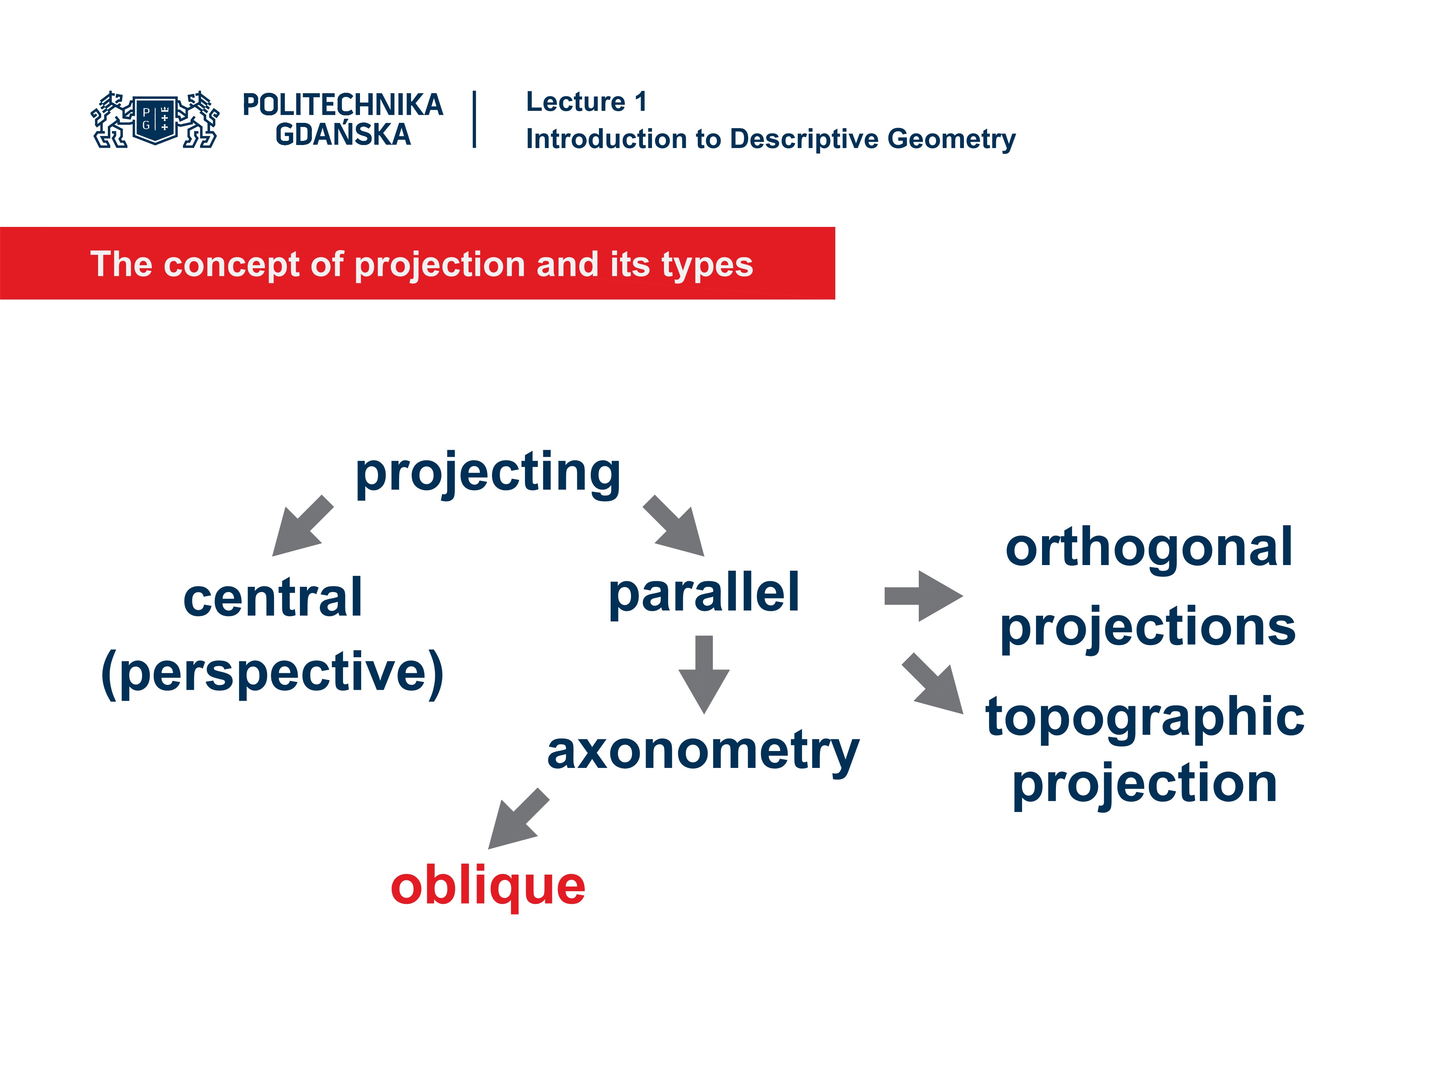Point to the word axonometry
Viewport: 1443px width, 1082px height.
(703, 751)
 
